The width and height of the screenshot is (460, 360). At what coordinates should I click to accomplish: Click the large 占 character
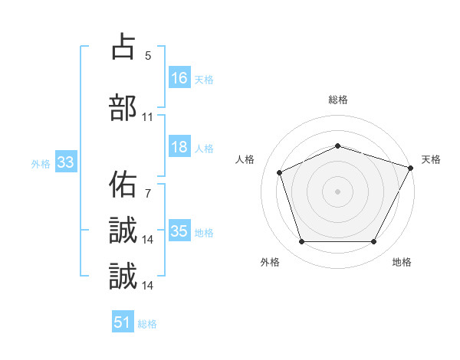click(123, 47)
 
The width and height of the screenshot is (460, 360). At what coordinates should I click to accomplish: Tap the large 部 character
click(123, 108)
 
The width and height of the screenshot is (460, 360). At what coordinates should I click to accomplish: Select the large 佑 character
click(123, 185)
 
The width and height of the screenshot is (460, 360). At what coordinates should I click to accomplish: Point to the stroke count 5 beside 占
click(147, 55)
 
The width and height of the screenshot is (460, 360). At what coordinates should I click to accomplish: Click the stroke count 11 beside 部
click(147, 117)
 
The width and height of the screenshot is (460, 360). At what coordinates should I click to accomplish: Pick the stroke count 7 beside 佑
click(147, 194)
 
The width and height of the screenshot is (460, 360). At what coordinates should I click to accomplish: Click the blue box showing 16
click(179, 77)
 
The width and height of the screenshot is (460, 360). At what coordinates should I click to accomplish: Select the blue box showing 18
click(179, 147)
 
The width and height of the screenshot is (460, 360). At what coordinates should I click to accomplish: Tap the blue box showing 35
click(179, 231)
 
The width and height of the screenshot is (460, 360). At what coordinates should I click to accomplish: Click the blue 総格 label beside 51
click(147, 324)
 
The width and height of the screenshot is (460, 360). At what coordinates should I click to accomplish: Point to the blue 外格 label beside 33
click(41, 163)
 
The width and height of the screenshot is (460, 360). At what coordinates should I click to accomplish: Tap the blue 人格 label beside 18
click(203, 149)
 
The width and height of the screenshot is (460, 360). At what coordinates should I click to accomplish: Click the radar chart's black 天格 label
click(431, 159)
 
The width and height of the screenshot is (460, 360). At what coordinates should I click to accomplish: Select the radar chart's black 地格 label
click(402, 263)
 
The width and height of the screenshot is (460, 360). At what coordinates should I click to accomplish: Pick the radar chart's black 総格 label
click(338, 100)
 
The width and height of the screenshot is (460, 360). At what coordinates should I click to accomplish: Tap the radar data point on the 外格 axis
click(302, 242)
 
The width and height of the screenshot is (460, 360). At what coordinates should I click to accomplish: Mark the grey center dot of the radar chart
click(338, 191)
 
